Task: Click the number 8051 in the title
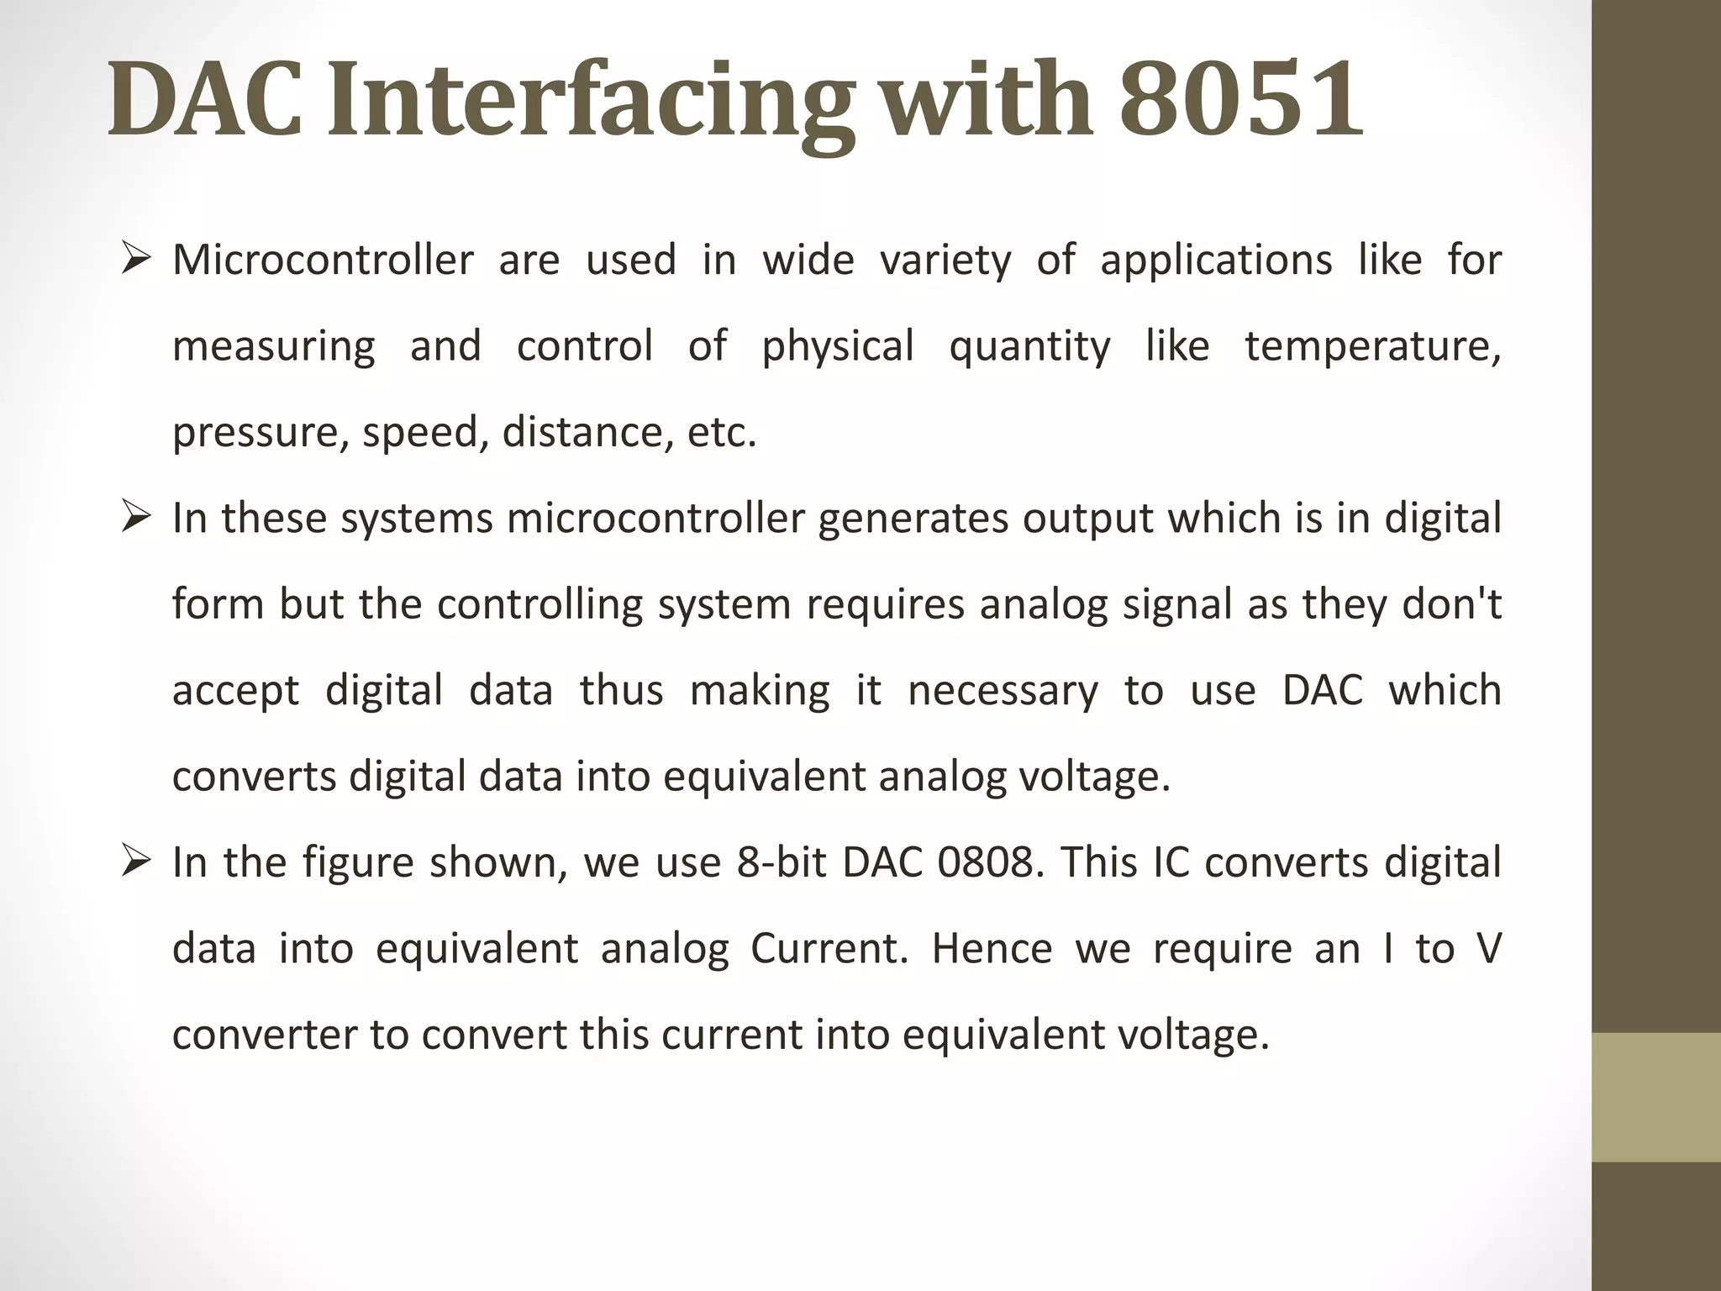1240,99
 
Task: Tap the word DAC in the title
204,99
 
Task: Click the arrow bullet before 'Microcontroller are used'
134,257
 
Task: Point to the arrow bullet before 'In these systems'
134,515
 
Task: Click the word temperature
1372,346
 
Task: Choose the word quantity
1029,346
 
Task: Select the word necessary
1003,691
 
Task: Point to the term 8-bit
784,862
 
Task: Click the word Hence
992,949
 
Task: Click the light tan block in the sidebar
1656,1097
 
